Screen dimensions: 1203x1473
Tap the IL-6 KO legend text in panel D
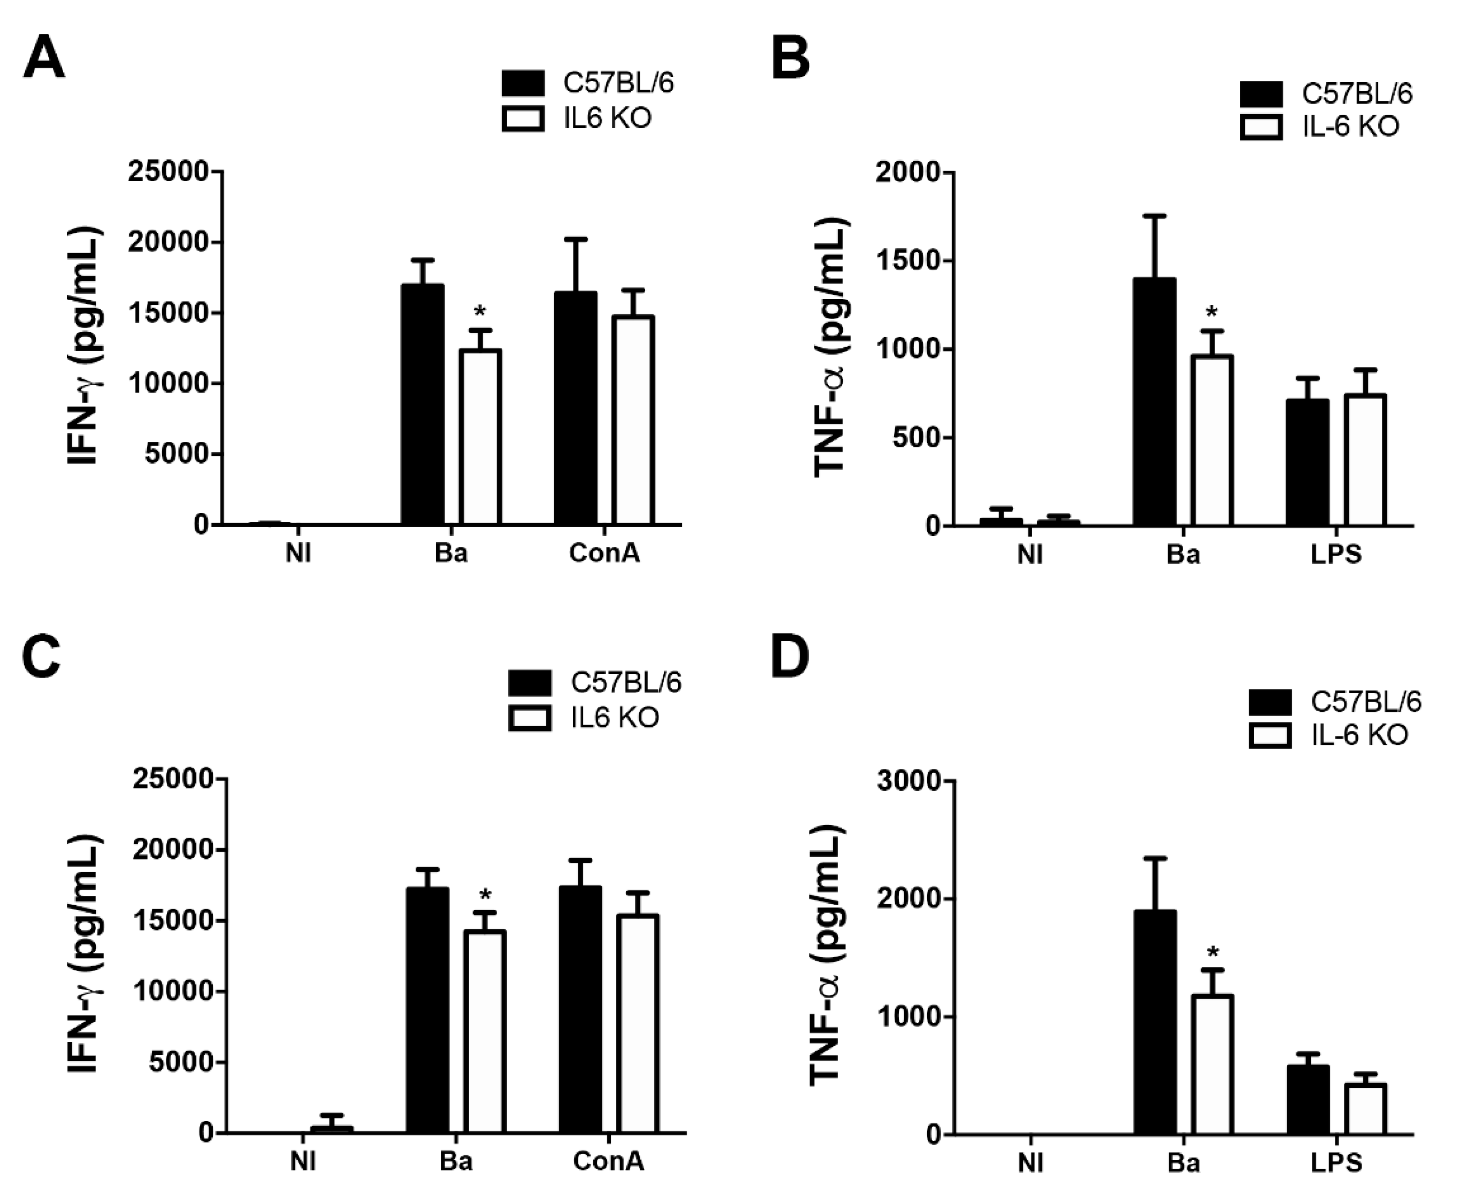pos(1359,735)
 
